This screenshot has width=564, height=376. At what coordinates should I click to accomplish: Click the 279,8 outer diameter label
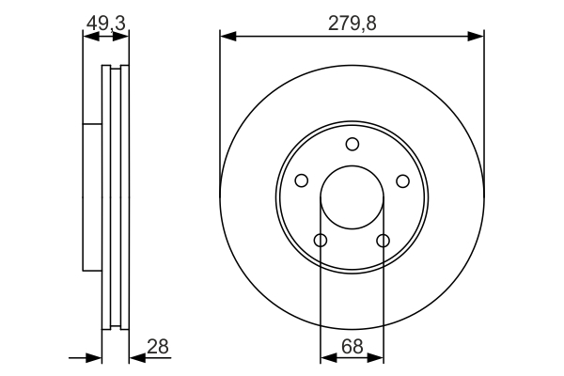[x=352, y=23]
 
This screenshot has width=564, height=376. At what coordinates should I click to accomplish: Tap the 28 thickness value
[x=158, y=347]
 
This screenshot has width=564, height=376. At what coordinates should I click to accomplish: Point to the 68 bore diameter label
[x=352, y=347]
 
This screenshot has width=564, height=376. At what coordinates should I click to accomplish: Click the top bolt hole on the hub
[x=352, y=144]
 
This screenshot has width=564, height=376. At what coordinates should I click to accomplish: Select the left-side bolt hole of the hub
[x=302, y=180]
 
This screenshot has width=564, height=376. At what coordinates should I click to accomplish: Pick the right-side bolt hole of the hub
[x=402, y=180]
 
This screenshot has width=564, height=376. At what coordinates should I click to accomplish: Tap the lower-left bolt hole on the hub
[x=321, y=241]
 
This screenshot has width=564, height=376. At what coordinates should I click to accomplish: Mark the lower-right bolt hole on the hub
[x=383, y=241]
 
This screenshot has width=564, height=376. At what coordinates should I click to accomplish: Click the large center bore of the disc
[x=352, y=198]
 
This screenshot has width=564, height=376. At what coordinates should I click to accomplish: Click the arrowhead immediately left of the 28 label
[x=135, y=357]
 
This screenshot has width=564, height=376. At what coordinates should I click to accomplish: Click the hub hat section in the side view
[x=91, y=197]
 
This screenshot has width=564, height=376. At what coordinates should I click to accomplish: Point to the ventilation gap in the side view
[x=116, y=197]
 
